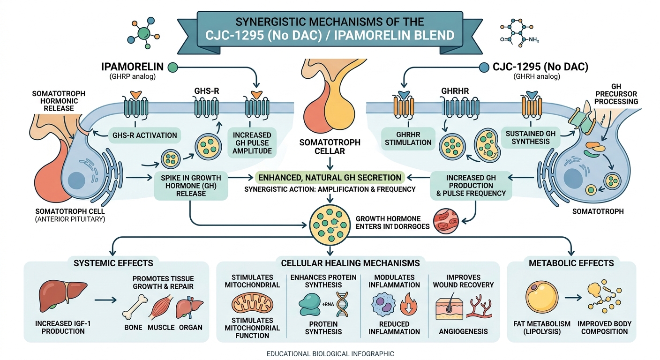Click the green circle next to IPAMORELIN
[172, 67]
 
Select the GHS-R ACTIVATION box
[145, 135]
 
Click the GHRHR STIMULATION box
[408, 138]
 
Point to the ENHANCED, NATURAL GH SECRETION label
[330, 178]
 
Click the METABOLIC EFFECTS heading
[571, 263]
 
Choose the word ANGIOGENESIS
[463, 331]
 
